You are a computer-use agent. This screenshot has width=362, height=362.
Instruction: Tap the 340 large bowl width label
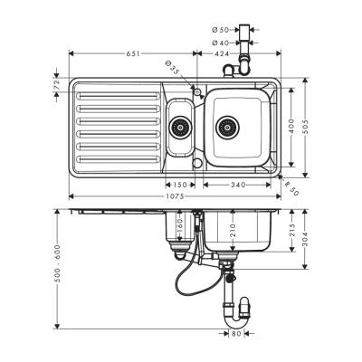(x=238, y=186)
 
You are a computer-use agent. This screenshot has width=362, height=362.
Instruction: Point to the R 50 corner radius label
(x=291, y=188)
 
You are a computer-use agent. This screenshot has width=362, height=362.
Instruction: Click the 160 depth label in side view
(x=179, y=226)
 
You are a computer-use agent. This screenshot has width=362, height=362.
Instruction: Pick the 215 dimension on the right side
(x=291, y=228)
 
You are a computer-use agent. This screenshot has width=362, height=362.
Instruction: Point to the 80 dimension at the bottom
(x=236, y=335)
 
